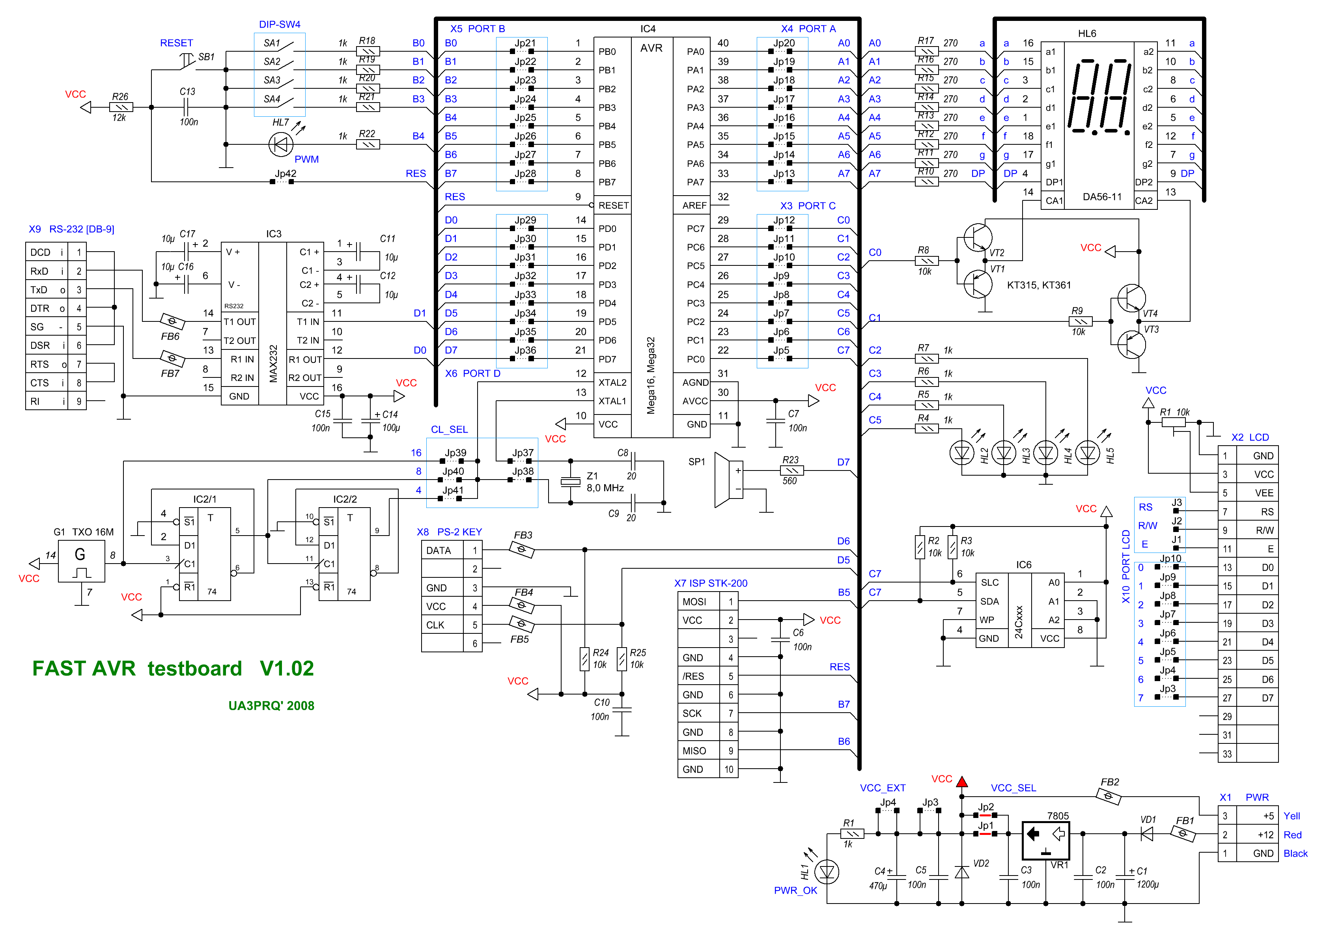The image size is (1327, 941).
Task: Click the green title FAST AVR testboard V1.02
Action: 173,668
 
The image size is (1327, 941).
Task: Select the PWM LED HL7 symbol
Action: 281,144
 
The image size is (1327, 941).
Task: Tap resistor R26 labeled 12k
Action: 121,107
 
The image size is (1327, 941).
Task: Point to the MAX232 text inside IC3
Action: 273,364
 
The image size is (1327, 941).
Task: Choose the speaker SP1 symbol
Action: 724,480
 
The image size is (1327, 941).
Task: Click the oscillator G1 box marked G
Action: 81,561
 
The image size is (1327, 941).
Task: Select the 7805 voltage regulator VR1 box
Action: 1045,840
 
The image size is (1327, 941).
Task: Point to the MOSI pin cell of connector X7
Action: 694,601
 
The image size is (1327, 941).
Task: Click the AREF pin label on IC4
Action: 694,206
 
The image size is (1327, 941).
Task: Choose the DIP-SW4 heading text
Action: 279,24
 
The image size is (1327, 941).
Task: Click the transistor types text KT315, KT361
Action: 1039,285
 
